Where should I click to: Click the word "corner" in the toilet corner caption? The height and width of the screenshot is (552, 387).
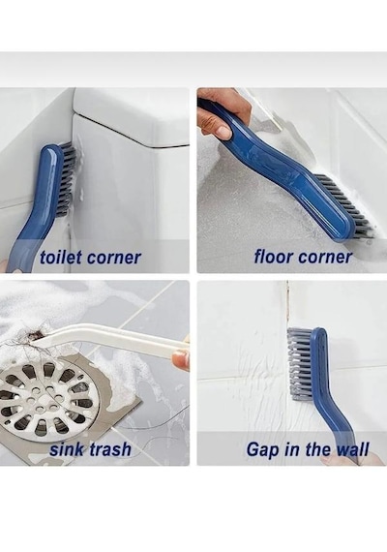click(x=113, y=258)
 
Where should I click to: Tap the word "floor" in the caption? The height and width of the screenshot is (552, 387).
click(x=272, y=257)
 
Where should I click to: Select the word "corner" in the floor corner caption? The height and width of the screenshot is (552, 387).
click(x=324, y=258)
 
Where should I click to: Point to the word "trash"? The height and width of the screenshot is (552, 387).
click(x=110, y=449)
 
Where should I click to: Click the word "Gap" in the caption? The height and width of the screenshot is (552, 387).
click(x=262, y=450)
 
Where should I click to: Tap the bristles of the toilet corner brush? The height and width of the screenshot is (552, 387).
click(x=69, y=176)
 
